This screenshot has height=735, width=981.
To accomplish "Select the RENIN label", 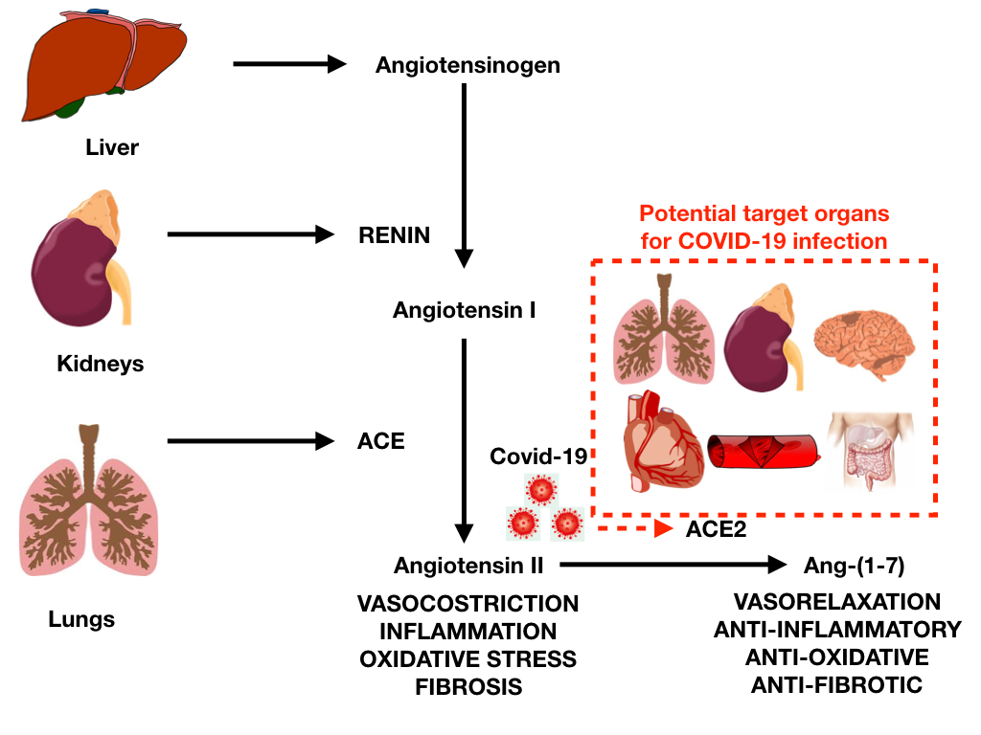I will pyautogui.click(x=395, y=234).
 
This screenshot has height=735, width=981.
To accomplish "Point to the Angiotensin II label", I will pyautogui.click(x=469, y=566).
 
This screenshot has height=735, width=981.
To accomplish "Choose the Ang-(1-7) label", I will pyautogui.click(x=855, y=566).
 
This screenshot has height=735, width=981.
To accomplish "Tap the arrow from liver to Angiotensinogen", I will pyautogui.click(x=288, y=65).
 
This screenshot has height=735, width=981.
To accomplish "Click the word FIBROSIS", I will pyautogui.click(x=468, y=687).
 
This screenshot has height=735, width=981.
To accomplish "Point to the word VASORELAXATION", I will pyautogui.click(x=836, y=602).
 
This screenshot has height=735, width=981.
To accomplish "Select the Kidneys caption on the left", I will pyautogui.click(x=100, y=365).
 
